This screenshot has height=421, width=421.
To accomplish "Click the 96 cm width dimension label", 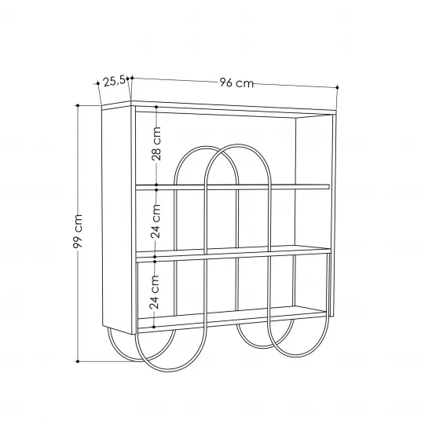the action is (x=236, y=82).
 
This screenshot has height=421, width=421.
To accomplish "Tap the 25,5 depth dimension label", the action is (x=114, y=81).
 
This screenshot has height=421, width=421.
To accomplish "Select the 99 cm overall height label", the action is (x=78, y=231).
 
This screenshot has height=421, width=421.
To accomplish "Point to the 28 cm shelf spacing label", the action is (x=156, y=144).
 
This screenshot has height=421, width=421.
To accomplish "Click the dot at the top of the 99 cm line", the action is (x=78, y=105).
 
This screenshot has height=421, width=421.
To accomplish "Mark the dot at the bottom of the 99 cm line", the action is (x=78, y=361).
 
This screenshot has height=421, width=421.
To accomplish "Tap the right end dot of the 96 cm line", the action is (x=338, y=87).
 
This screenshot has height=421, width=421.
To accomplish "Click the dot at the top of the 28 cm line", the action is (x=156, y=107).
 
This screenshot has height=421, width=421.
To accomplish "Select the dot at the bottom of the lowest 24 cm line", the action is (x=154, y=327).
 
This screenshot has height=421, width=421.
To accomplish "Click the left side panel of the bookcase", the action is (x=117, y=219).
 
